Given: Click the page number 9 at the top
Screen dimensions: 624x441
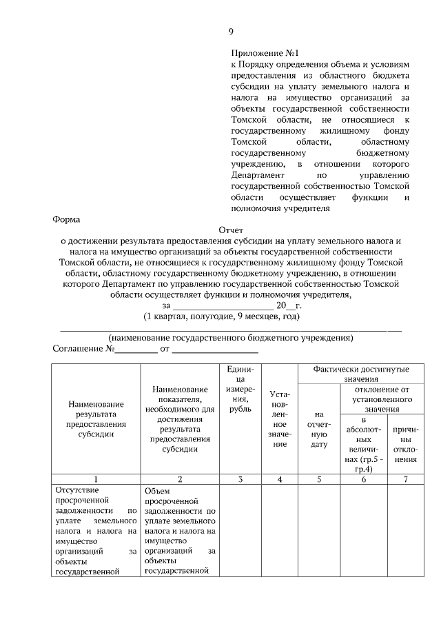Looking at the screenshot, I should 232,31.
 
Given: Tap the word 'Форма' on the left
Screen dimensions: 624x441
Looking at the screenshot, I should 67,220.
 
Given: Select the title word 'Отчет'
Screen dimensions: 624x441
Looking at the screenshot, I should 231,230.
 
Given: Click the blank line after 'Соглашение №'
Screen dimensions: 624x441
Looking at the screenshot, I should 136,349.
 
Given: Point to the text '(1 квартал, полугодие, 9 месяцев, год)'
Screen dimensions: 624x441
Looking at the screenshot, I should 222,316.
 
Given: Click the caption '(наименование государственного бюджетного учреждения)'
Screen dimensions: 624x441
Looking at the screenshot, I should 230,338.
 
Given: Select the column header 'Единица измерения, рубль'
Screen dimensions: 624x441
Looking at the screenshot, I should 240,390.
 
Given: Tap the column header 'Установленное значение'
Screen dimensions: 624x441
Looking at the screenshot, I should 279,420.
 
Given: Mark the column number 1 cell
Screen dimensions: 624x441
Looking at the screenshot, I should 96,479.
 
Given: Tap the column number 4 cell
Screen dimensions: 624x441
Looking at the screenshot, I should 279,479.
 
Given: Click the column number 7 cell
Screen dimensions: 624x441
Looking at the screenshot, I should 406,479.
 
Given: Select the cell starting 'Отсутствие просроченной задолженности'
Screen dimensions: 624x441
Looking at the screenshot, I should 96,530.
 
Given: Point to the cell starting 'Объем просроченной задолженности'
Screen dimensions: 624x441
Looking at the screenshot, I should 179,530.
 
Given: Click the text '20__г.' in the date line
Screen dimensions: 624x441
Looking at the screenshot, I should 289,305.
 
